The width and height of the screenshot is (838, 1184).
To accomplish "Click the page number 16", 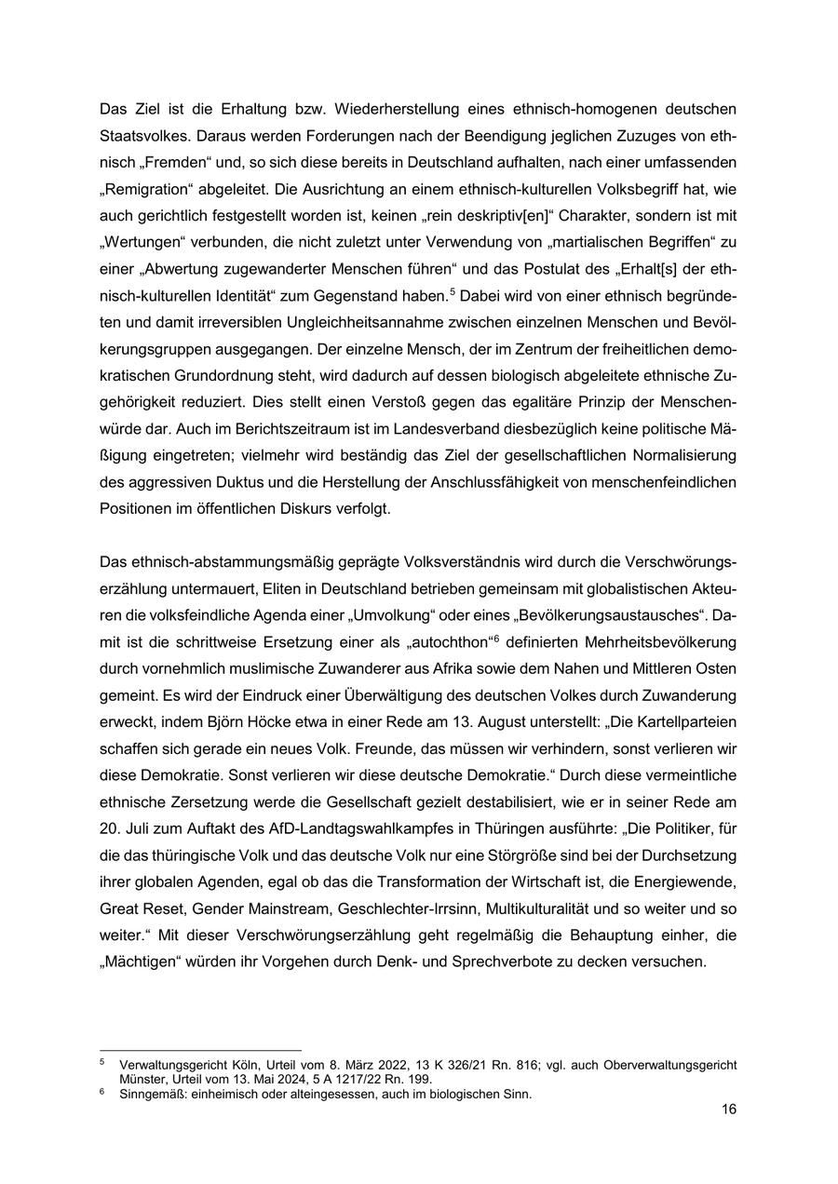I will point(729,1110).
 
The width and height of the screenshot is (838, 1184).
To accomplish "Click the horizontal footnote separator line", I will point(200,1051).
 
